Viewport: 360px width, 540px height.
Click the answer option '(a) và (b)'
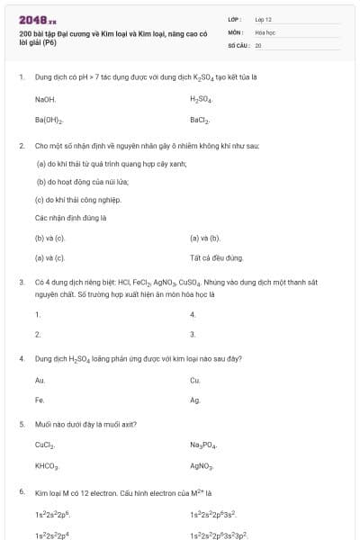(205, 238)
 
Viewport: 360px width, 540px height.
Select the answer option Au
(40, 380)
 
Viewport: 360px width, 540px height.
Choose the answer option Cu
(194, 380)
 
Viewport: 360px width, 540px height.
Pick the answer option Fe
(40, 400)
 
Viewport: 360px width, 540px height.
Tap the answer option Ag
(194, 400)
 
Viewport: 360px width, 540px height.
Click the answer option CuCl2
(46, 445)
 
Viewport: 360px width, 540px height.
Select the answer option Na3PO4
(202, 445)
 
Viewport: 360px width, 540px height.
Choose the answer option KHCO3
(47, 466)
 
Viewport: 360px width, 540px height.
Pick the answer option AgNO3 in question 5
(202, 466)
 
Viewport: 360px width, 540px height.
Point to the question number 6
(21, 493)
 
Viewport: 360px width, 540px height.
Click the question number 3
(21, 282)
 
